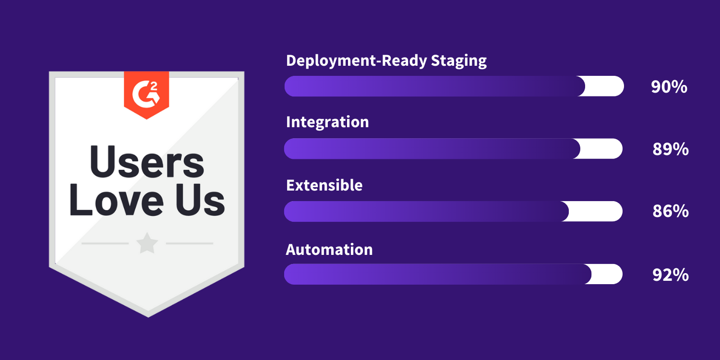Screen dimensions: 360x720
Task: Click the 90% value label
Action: click(669, 87)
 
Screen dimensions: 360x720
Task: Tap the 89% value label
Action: click(670, 149)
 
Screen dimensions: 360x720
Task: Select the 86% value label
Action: click(670, 211)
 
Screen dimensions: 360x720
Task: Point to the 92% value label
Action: click(670, 275)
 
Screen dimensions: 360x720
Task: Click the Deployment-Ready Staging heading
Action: click(386, 61)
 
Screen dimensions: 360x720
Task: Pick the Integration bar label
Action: click(327, 122)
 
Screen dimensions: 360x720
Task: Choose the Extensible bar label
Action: click(324, 185)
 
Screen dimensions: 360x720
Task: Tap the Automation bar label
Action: click(329, 250)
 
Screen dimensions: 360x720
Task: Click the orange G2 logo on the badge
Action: click(146, 93)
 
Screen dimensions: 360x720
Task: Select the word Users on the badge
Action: click(147, 162)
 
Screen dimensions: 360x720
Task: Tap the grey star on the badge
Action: click(147, 244)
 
